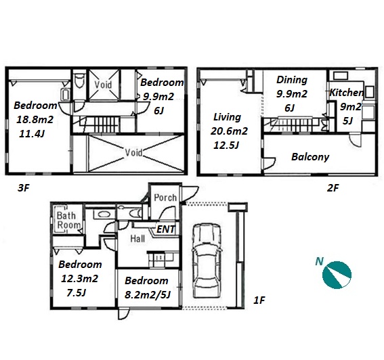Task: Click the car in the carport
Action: [x=207, y=261]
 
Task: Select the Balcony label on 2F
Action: [x=310, y=156]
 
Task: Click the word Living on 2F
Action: [x=227, y=117]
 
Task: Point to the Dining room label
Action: [x=292, y=80]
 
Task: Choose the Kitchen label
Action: [x=346, y=93]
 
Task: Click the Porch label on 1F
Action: [x=165, y=198]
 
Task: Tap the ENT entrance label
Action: [x=166, y=229]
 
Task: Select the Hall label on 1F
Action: [x=137, y=239]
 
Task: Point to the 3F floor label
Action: [x=24, y=188]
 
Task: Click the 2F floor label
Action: [x=333, y=188]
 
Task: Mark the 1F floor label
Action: [x=259, y=300]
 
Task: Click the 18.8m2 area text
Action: [x=35, y=120]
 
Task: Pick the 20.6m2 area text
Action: [x=229, y=131]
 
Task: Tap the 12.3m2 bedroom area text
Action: [x=79, y=279]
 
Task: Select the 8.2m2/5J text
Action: [x=148, y=295]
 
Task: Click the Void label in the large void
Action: [x=133, y=153]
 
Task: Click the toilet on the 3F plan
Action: [x=79, y=80]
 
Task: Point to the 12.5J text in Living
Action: [x=226, y=145]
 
